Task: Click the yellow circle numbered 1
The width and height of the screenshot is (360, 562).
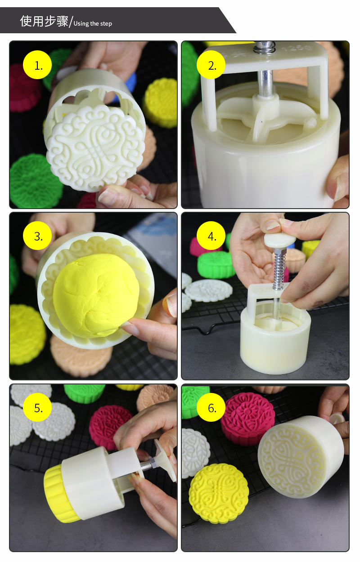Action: [x=37, y=65]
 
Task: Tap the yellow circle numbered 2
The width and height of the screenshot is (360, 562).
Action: [x=211, y=65]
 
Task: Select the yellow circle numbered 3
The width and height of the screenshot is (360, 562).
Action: [x=37, y=236]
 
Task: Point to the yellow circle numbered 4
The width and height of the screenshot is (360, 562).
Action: [x=211, y=236]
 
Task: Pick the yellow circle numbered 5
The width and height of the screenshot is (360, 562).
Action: [x=37, y=407]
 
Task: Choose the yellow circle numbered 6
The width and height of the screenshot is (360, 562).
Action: [x=211, y=407]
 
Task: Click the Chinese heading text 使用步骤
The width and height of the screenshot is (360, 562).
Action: [x=44, y=21]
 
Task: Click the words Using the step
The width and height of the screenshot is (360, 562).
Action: [x=93, y=23]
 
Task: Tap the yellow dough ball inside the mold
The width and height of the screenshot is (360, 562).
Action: [x=96, y=295]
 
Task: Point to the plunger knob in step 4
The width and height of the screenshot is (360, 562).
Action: [x=280, y=240]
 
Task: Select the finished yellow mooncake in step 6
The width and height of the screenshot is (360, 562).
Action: [x=219, y=494]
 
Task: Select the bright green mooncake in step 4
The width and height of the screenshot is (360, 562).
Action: [x=216, y=264]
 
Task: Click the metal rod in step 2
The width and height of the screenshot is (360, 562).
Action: [x=265, y=83]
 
